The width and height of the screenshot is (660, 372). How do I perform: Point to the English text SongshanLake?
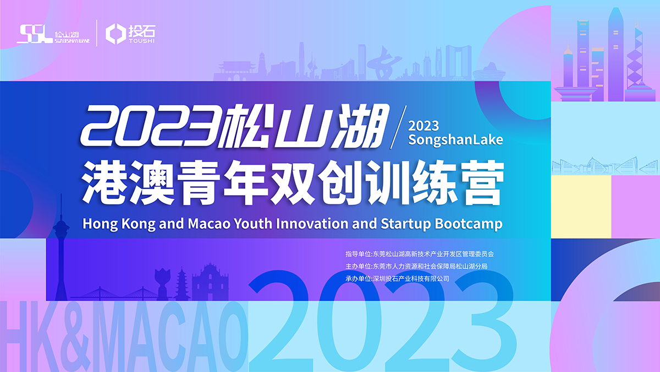tap(455, 139)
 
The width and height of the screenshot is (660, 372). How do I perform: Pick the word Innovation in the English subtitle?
tap(307, 224)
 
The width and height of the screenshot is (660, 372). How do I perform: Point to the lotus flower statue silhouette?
tap(163, 281)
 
